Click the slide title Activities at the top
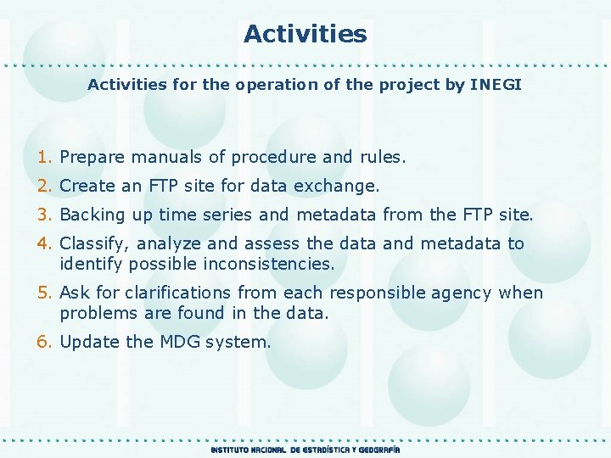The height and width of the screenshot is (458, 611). [305, 34]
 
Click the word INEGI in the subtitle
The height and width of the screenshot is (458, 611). [496, 85]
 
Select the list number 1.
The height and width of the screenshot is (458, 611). [44, 157]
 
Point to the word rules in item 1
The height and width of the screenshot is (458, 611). [382, 157]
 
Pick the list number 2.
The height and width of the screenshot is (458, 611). [44, 185]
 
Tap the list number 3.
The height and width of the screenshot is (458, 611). [44, 215]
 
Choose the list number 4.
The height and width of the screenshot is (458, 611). [44, 243]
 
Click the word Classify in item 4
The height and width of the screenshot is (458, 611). [95, 244]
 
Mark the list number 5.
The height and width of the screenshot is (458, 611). [44, 293]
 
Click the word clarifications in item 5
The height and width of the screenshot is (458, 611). [177, 293]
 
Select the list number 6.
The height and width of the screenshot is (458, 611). [44, 342]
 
